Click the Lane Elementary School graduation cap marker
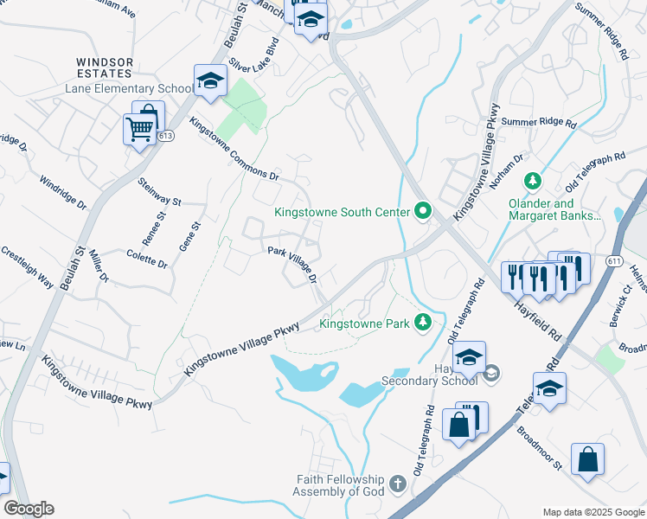point(208,81)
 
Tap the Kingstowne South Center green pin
point(423,211)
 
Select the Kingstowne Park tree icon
point(422,323)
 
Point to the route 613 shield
point(167,136)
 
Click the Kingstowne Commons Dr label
point(234,149)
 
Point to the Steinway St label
point(159,192)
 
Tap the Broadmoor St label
point(540,447)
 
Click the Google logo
point(29,509)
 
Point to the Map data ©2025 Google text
point(593,511)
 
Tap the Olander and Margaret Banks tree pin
point(533,181)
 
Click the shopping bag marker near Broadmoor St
point(587,459)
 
